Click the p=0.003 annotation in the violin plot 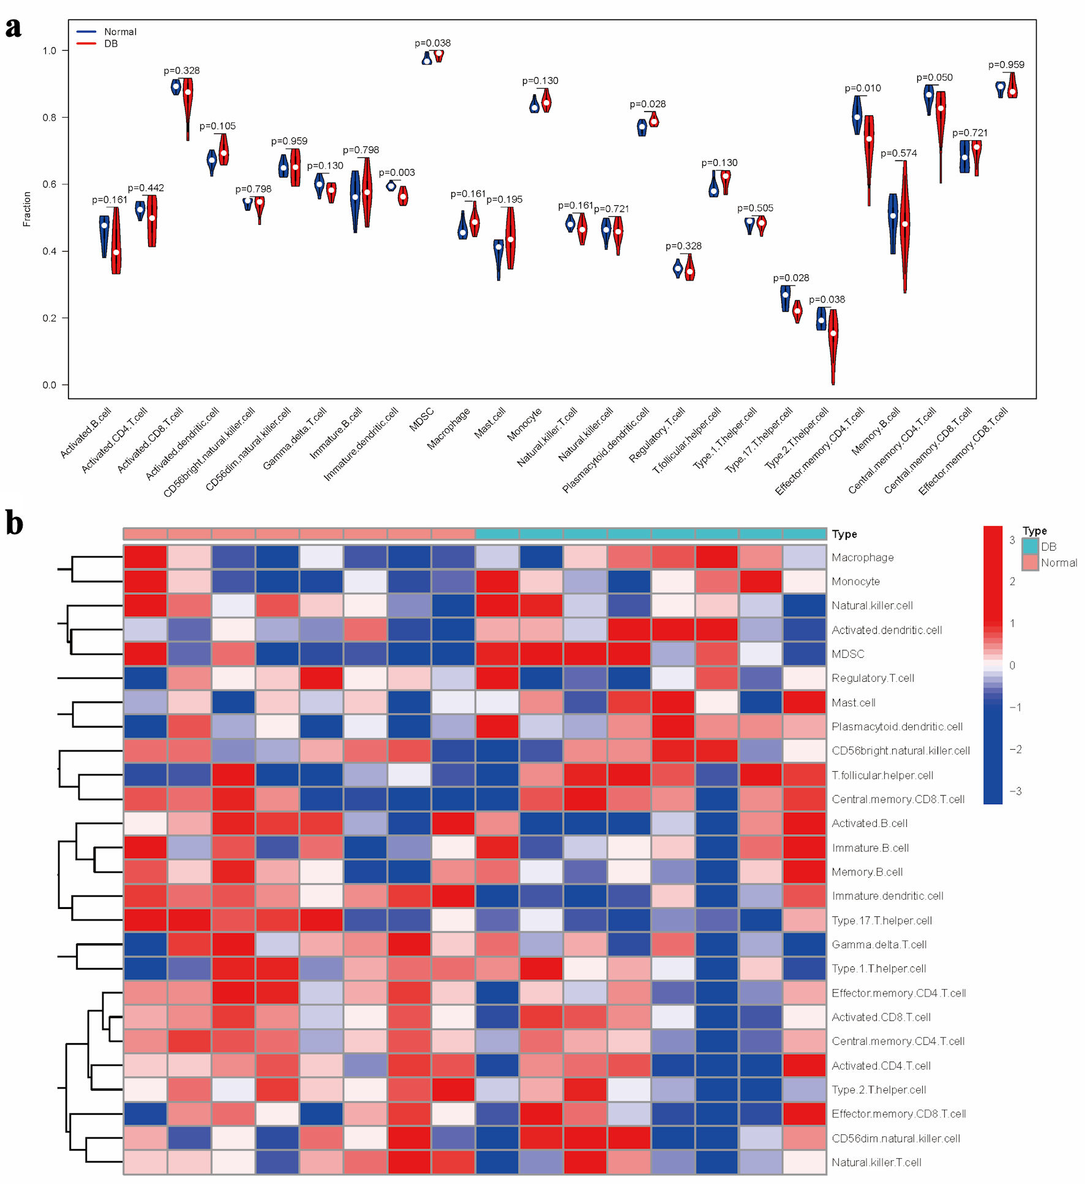click(397, 173)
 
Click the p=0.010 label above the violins click(863, 88)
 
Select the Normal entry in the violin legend click(120, 32)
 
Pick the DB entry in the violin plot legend click(111, 44)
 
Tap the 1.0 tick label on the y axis click(49, 51)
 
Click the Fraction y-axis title click(27, 209)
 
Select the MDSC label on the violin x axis click(422, 420)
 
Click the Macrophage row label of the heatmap click(862, 557)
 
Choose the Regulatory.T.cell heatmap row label click(873, 678)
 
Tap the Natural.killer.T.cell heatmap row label click(876, 1162)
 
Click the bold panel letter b click(14, 524)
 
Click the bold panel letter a click(13, 28)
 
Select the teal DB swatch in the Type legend click(1030, 546)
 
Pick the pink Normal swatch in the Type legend click(1030, 562)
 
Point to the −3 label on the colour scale click(1015, 791)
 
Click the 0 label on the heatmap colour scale click(1012, 665)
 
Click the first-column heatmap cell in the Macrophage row click(145, 557)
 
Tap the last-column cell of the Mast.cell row click(804, 703)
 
